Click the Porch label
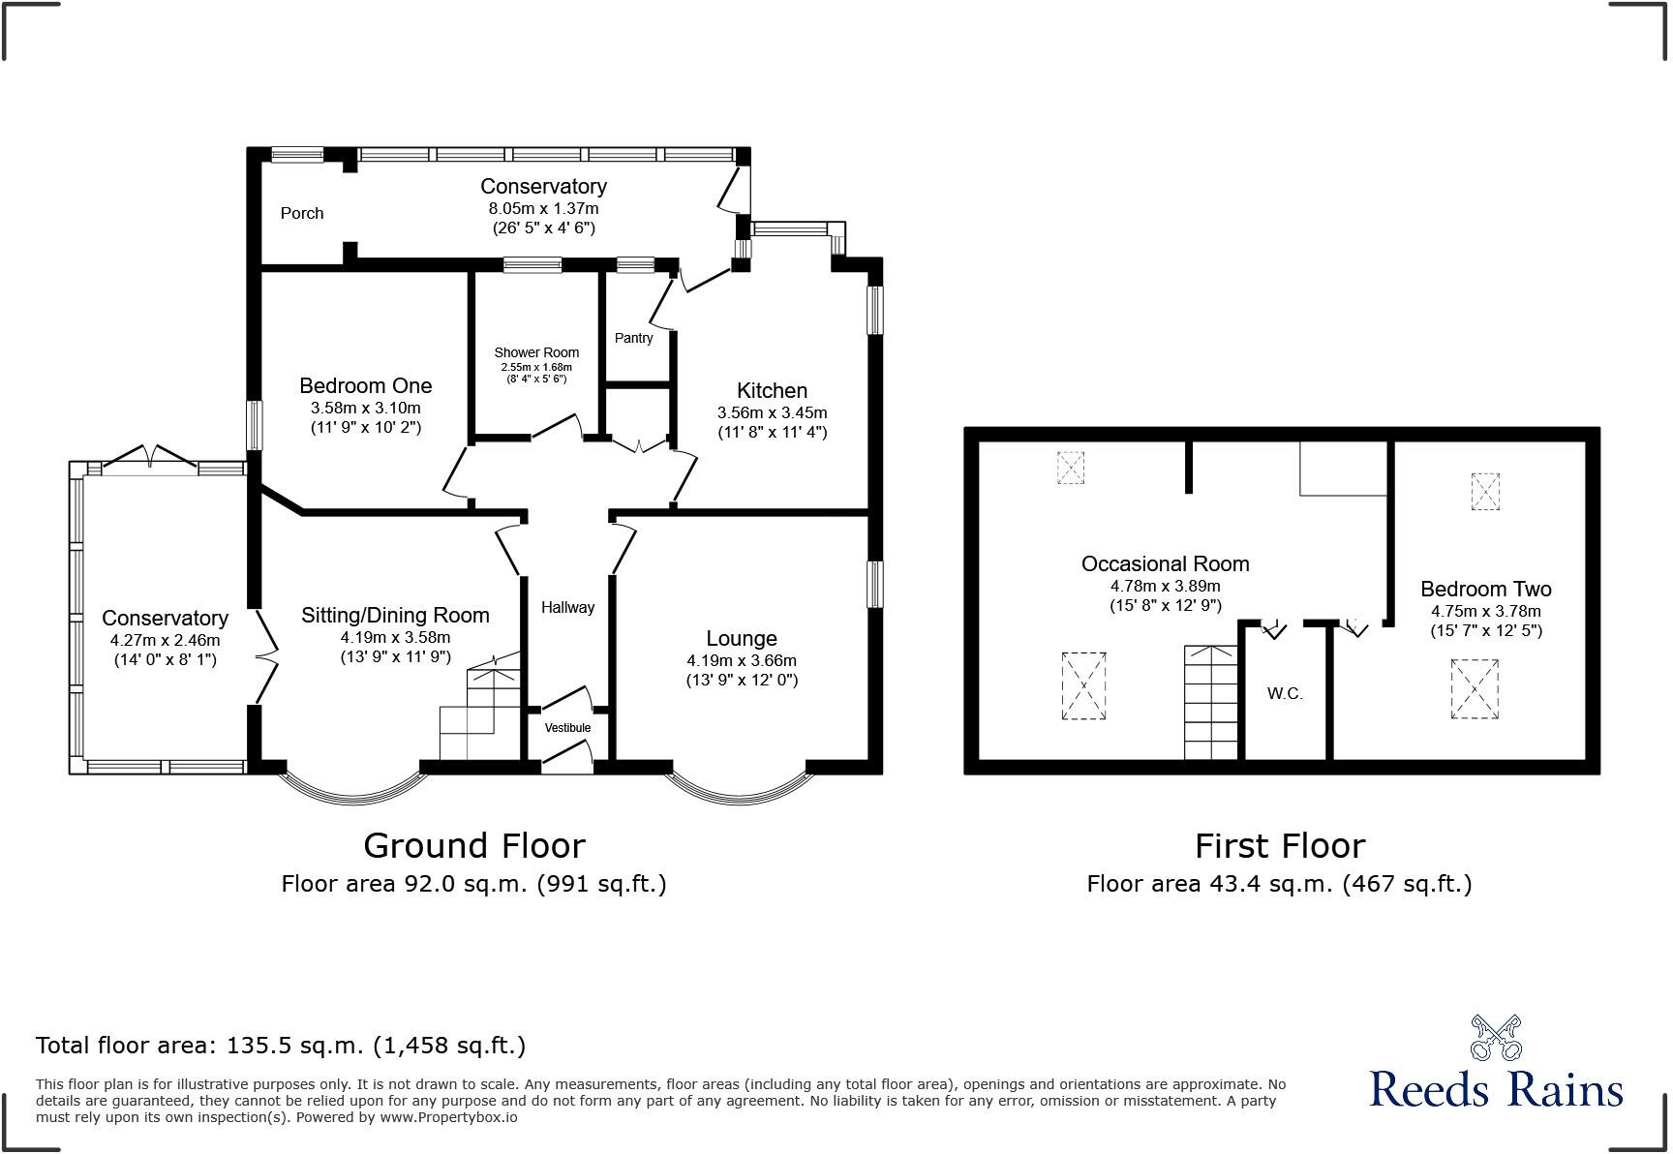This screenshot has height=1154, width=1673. [302, 213]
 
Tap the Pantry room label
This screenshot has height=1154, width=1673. [633, 338]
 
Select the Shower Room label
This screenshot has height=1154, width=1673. [536, 352]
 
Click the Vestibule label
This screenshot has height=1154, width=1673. [567, 728]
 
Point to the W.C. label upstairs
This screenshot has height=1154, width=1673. [1285, 694]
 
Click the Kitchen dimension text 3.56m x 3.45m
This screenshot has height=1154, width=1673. [772, 412]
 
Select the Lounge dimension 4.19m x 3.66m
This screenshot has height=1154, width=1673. [742, 660]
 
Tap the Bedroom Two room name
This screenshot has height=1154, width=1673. [1485, 589]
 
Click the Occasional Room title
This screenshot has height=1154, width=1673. [1165, 563]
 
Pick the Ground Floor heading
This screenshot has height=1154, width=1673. [474, 846]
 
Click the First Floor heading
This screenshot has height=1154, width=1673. [1279, 846]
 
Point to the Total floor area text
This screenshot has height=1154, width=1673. [281, 1046]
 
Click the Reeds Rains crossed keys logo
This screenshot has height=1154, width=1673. [1496, 1038]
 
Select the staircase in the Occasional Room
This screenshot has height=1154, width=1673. [1211, 702]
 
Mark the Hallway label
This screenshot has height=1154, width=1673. [567, 608]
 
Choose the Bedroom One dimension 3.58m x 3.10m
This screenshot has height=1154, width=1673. [365, 408]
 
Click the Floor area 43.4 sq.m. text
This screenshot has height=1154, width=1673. [1279, 884]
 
